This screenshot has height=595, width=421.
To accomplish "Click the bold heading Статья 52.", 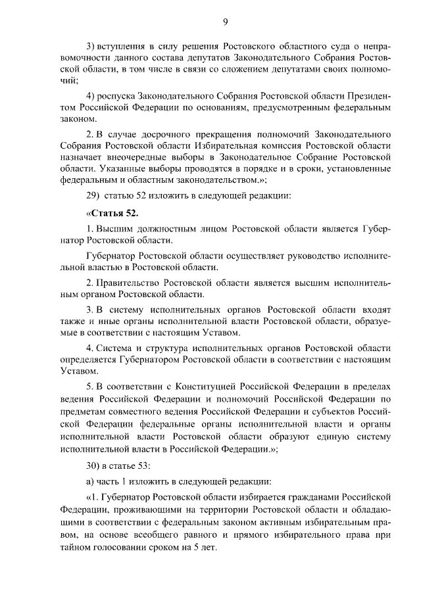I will [113, 214].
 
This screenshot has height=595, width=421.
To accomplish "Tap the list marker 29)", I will [93, 195].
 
